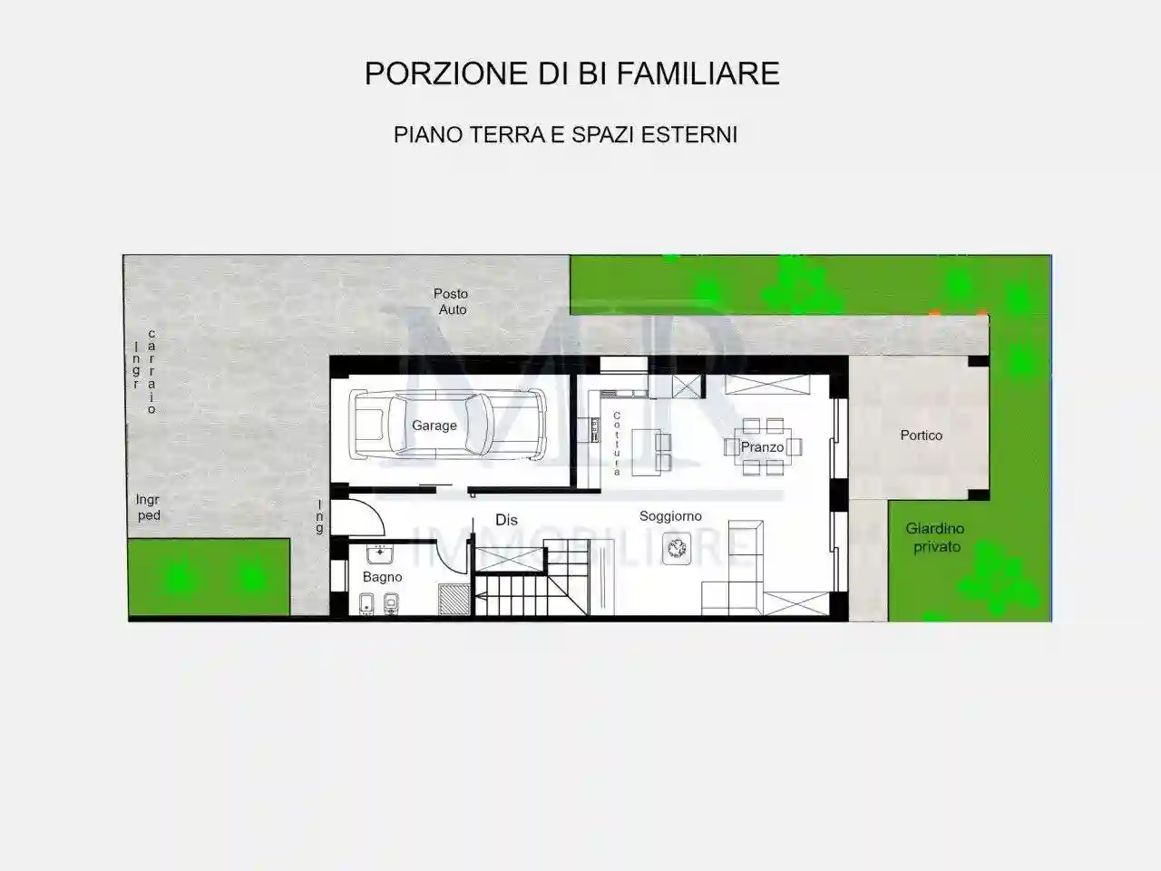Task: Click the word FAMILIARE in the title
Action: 698,73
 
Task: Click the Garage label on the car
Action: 434,426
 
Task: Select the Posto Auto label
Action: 451,301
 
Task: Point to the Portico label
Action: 921,435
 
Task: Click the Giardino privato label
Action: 935,537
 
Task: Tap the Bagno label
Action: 382,577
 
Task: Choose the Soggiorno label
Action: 670,516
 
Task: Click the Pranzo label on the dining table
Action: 762,447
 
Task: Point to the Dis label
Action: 506,520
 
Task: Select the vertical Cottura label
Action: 617,444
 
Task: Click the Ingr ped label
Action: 148,507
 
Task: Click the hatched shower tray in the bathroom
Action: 454,600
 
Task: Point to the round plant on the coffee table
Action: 677,547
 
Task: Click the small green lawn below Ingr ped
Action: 209,576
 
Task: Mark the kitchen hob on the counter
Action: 596,426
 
